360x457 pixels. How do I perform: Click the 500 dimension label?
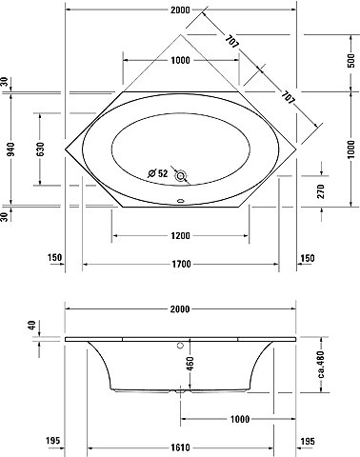tap(350, 60)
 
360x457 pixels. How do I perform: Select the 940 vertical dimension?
tap(11, 149)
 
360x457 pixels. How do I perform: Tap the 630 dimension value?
tap(40, 149)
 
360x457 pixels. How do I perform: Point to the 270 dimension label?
tap(321, 191)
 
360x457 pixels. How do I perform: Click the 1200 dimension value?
tap(180, 236)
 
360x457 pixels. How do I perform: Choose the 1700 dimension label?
tap(181, 264)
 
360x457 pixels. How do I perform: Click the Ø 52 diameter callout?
tap(158, 173)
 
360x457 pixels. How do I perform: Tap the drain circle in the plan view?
tap(181, 175)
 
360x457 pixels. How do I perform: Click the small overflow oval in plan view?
tap(181, 201)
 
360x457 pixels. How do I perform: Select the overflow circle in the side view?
tap(181, 346)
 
